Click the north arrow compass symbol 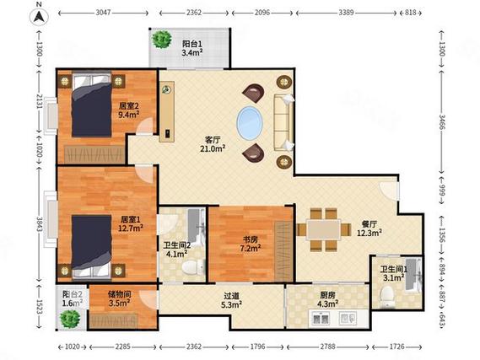[x=39, y=16]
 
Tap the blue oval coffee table [x=250, y=123]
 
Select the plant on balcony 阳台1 [x=162, y=39]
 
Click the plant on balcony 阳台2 [x=70, y=319]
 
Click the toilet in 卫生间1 [x=387, y=296]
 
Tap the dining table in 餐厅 [x=324, y=229]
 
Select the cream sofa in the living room [x=283, y=122]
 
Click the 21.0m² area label [x=213, y=149]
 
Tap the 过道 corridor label [x=231, y=296]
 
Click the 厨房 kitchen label [x=327, y=295]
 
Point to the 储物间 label [x=120, y=294]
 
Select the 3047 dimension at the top [x=103, y=13]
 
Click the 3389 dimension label [x=346, y=13]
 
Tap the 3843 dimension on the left [x=39, y=224]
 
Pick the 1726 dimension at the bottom [x=397, y=347]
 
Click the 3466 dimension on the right [x=442, y=121]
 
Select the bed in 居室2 [x=92, y=104]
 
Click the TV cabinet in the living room [x=167, y=111]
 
